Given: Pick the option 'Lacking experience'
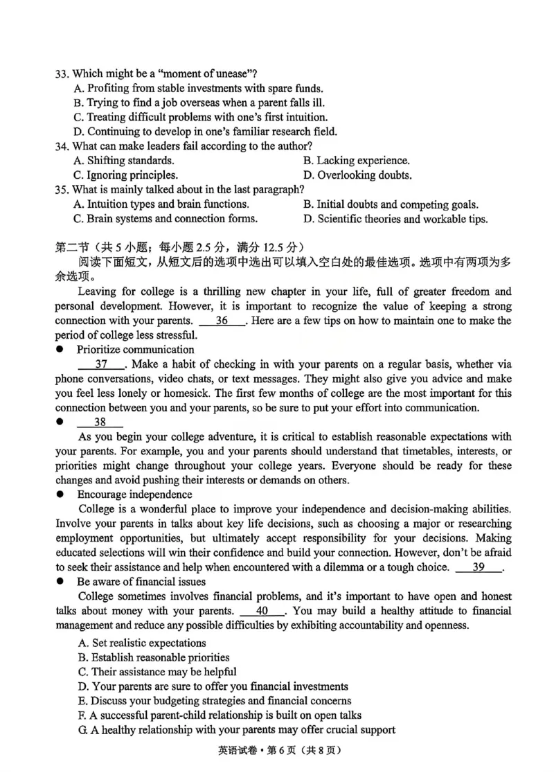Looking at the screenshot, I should pos(356,161).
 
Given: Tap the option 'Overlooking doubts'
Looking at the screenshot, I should pos(357,175).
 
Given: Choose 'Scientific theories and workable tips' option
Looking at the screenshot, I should pos(395,219).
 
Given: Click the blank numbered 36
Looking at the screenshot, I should pos(222,321).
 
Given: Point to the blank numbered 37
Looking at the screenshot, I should pos(101,364).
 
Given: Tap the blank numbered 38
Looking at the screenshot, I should pos(100,422).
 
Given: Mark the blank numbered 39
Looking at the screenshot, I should pos(479,567).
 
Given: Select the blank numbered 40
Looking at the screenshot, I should pos(262,611).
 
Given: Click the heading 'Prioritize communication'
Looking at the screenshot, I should pos(135,350).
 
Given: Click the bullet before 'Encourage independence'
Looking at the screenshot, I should pos(60,495).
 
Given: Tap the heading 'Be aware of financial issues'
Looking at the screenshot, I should pos(141,582).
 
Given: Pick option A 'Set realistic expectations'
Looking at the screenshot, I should pos(142,643).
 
